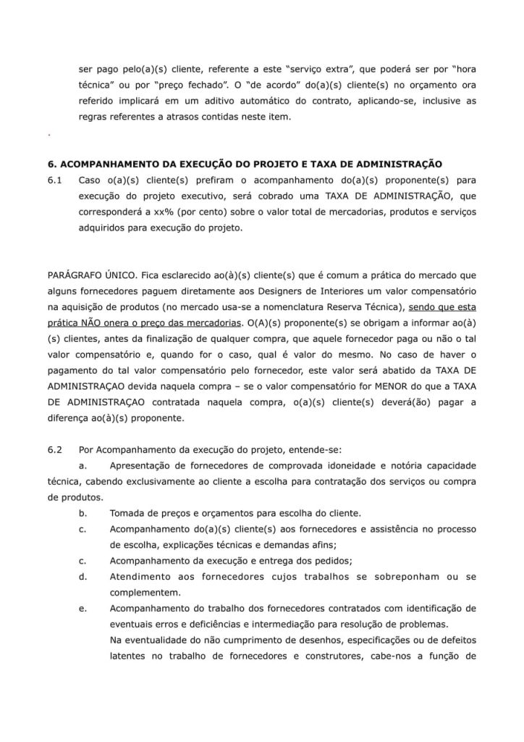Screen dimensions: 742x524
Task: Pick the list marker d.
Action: (83, 577)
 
